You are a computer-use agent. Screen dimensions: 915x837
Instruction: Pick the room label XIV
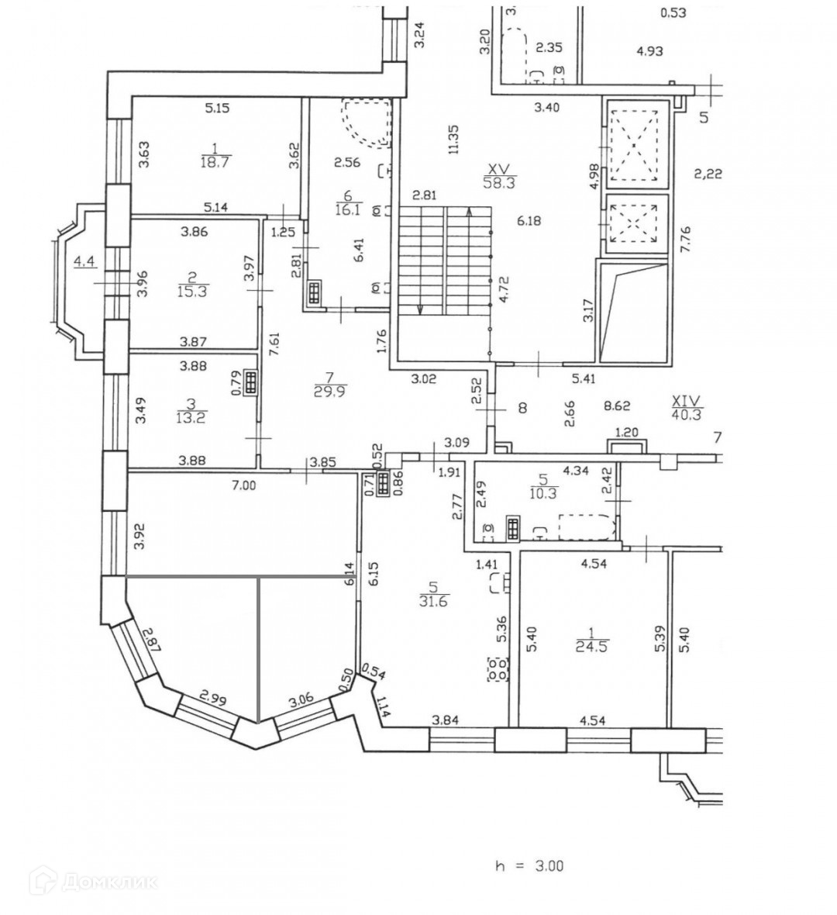[686, 401]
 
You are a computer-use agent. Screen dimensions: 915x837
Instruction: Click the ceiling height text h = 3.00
[531, 865]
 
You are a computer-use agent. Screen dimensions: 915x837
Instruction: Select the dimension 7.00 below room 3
[243, 485]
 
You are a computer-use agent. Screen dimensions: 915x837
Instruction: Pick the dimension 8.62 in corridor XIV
[617, 405]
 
